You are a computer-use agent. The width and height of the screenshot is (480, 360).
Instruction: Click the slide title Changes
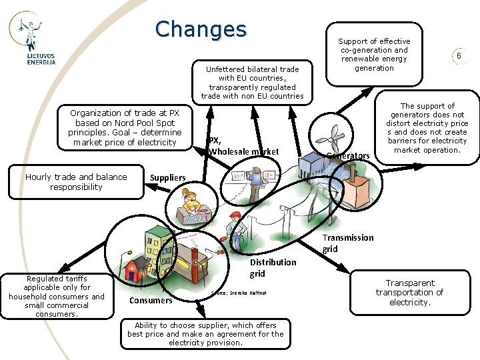coord(201,29)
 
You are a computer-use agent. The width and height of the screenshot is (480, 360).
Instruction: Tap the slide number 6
coord(459,57)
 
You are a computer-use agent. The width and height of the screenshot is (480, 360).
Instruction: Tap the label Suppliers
coord(168,178)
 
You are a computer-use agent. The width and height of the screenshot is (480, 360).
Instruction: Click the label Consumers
coord(151,300)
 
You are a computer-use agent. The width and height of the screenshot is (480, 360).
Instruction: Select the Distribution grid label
coord(273,267)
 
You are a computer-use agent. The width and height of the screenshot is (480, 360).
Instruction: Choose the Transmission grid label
coord(348,243)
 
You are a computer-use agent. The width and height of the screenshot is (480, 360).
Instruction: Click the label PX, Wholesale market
coord(243,146)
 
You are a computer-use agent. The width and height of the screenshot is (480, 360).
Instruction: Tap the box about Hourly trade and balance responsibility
coord(76,182)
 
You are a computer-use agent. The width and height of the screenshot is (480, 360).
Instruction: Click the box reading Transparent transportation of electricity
coord(409,292)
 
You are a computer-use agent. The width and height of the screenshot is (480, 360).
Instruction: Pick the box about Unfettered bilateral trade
coord(252,83)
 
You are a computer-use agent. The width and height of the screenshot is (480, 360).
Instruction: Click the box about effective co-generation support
coord(374,55)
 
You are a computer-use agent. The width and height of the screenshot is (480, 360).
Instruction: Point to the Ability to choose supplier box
coord(205,334)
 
